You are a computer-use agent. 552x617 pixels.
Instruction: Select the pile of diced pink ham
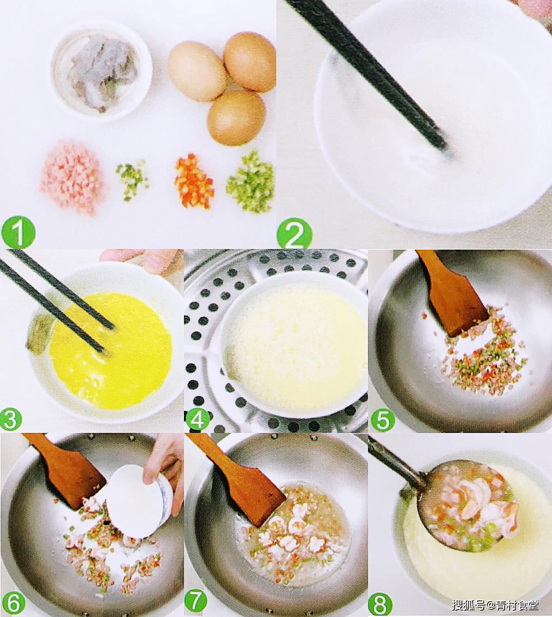pos(72,177)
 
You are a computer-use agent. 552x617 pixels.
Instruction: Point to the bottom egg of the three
pos(236,118)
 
